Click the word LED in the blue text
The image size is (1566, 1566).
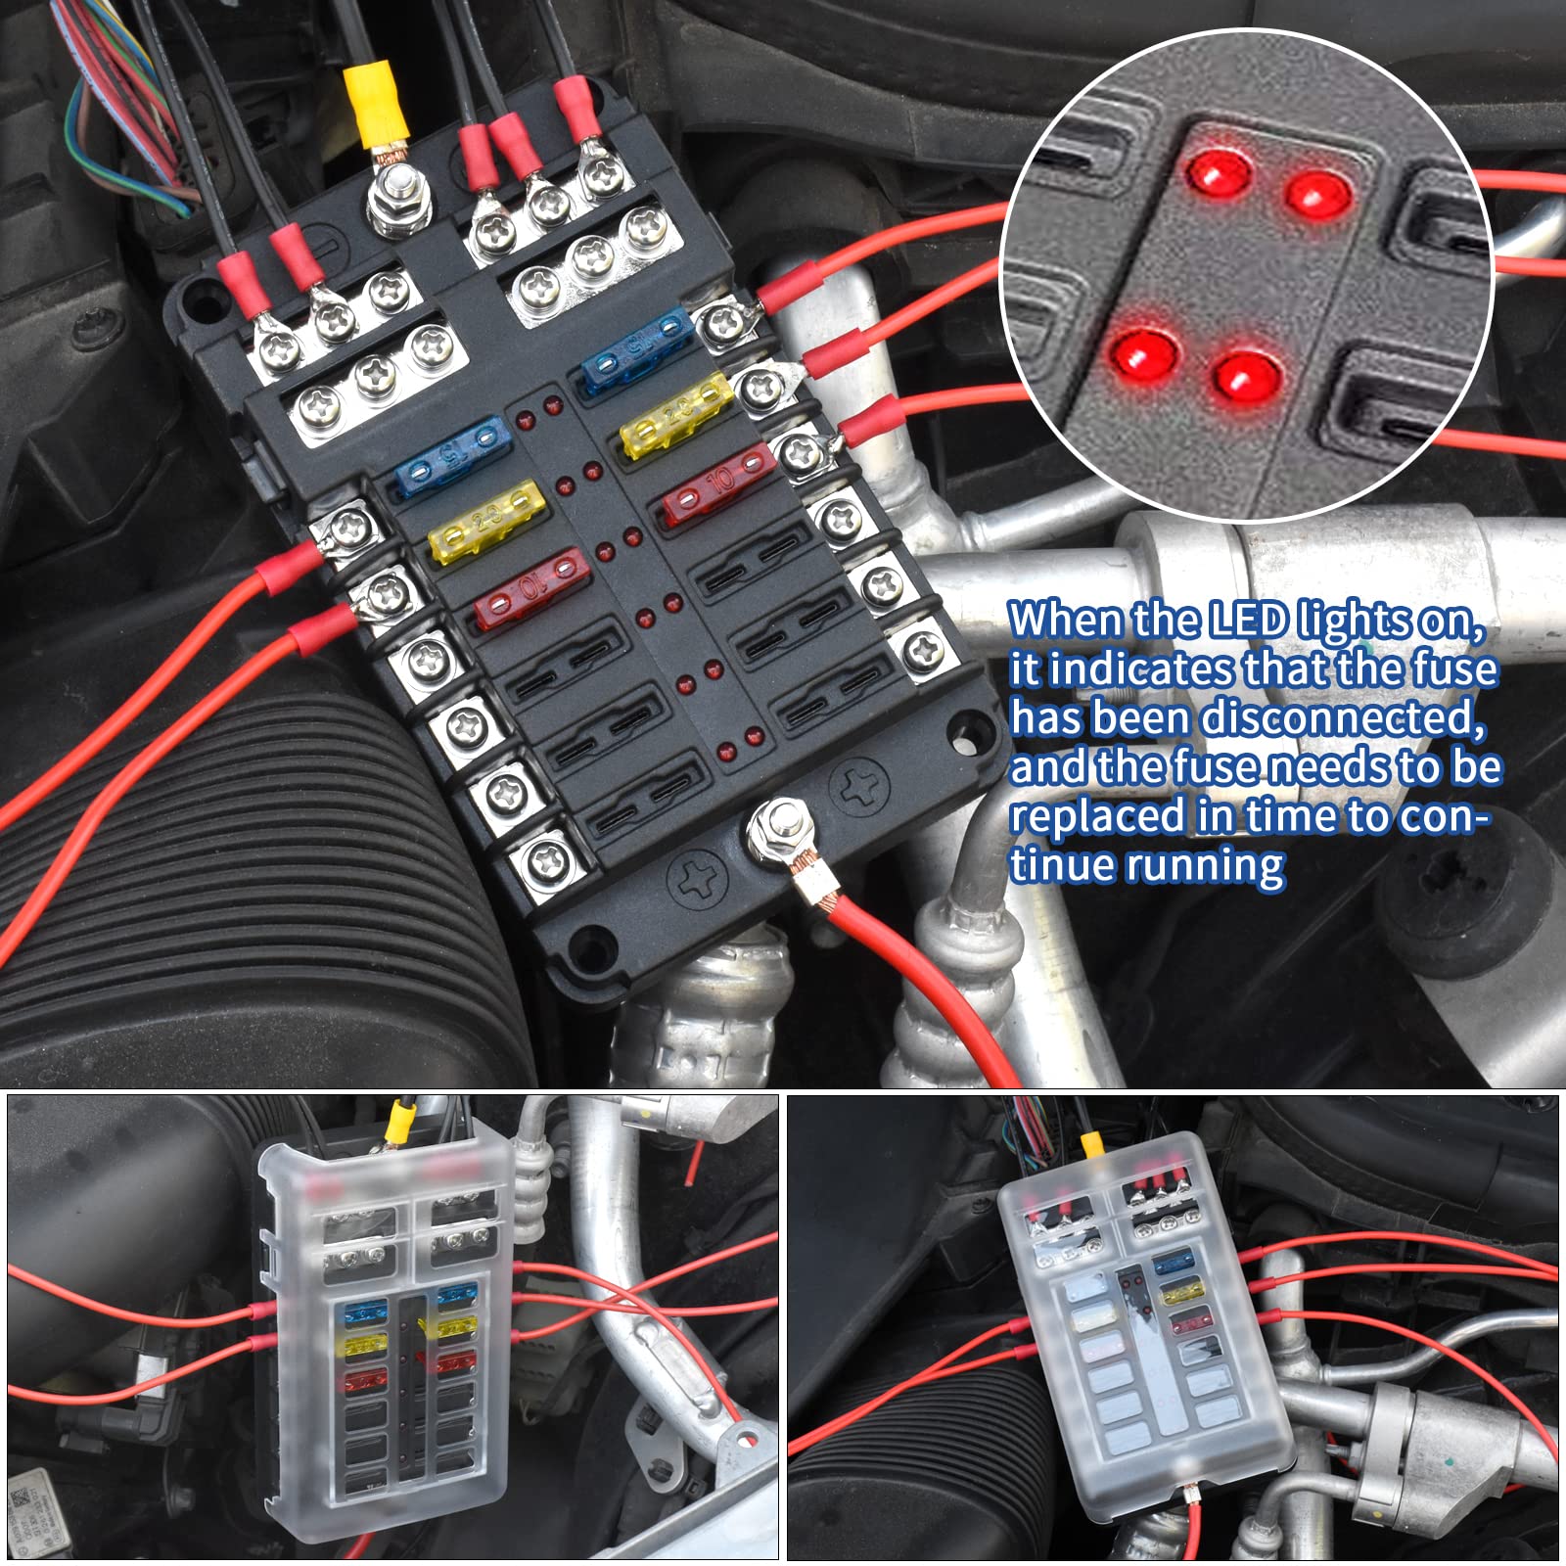[x=1248, y=621]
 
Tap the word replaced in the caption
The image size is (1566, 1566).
[x=1096, y=816]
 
